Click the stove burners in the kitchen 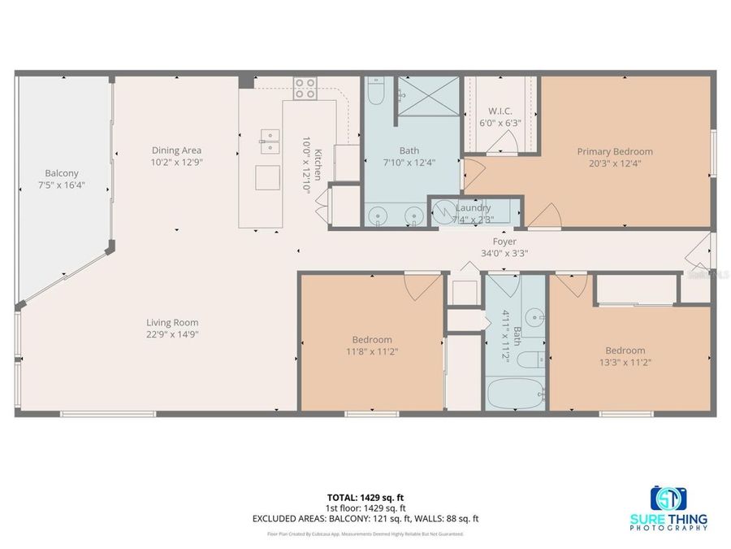point(305,88)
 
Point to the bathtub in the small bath point(515,396)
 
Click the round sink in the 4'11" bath point(533,316)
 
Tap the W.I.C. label point(500,111)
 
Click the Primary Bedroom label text point(615,151)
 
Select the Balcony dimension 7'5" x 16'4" point(62,185)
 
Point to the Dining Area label point(176,150)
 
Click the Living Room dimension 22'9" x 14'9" point(172,333)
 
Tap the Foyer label point(504,241)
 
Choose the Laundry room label point(473,208)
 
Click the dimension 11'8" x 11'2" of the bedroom point(372,351)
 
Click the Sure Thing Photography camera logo point(668,498)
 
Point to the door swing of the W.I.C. point(506,146)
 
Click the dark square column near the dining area point(246,81)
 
